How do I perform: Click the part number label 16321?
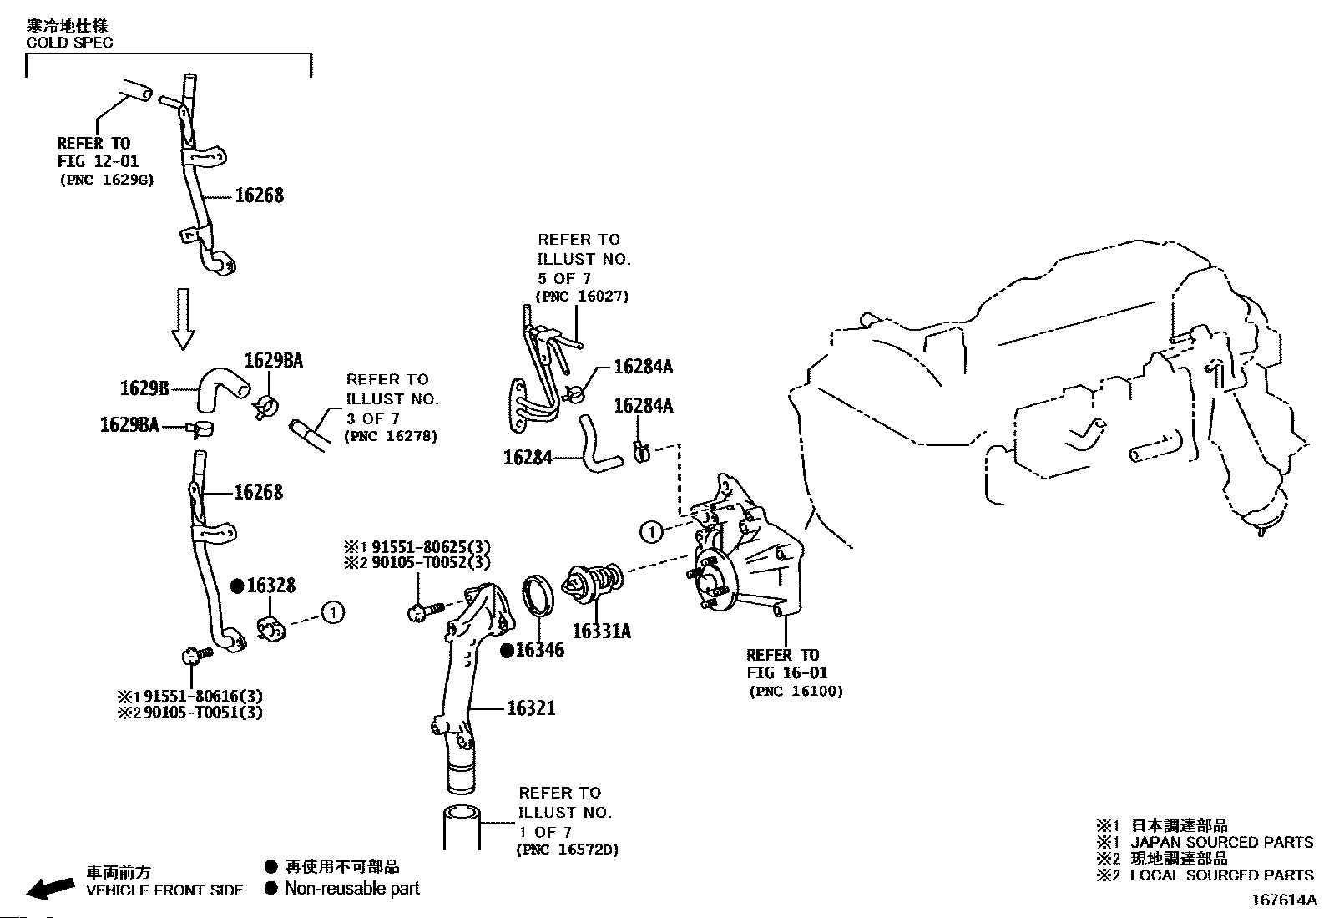(532, 708)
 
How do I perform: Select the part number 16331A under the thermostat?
(601, 631)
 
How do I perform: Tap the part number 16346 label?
(539, 650)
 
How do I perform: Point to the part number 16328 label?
(271, 586)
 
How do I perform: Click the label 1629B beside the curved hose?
(144, 388)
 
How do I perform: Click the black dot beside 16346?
(507, 651)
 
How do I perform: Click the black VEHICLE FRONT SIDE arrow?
(49, 889)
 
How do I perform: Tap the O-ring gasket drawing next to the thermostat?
(538, 596)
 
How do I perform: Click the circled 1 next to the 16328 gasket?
(332, 613)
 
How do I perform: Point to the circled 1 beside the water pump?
(652, 530)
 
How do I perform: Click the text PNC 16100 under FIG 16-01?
(796, 692)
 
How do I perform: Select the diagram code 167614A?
(1283, 900)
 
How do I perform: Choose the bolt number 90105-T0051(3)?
(202, 713)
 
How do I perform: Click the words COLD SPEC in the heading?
(69, 43)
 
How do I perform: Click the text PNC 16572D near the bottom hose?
(568, 850)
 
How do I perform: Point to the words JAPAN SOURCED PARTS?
(1222, 842)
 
